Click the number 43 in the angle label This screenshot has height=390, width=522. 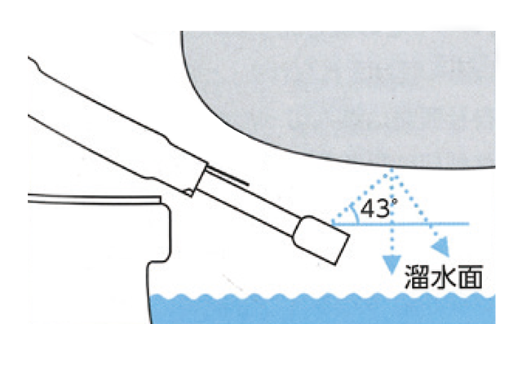point(374,209)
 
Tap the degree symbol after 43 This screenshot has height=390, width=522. point(394,202)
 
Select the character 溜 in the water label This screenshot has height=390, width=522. point(417,277)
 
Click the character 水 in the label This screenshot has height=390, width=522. point(443,277)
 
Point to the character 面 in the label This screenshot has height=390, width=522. point(470,277)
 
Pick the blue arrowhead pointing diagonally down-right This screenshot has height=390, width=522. point(441,246)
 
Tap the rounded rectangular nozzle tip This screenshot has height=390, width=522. point(321,240)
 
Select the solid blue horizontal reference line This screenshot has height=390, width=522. point(400,224)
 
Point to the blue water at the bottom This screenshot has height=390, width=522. point(323,308)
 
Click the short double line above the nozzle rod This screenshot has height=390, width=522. point(228,175)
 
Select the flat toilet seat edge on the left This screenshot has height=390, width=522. point(95,200)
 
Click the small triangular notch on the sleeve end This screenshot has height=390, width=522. point(188,192)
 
